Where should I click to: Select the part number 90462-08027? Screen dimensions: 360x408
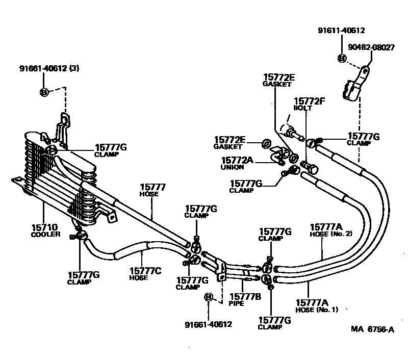point(371,47)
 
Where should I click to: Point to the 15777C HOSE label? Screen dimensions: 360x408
point(145,274)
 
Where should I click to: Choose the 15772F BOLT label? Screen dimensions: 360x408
point(309,105)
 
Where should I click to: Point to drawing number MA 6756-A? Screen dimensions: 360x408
point(372,329)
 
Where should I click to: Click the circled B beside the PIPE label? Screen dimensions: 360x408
point(208,297)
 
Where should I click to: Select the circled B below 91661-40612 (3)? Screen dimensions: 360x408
point(44,92)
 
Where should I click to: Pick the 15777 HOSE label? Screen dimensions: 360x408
point(152,190)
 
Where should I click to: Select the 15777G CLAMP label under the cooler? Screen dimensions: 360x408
point(83,278)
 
